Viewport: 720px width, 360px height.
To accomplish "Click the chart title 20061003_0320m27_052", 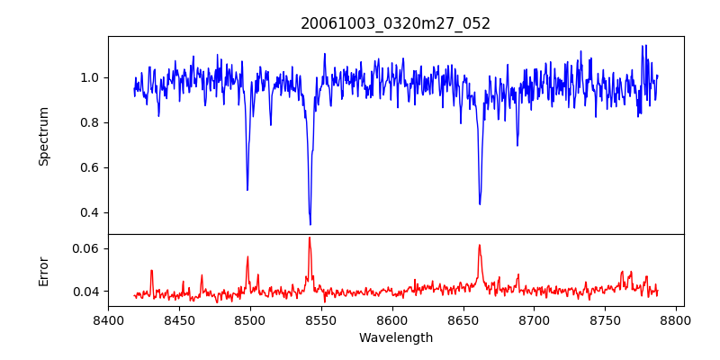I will [395, 23].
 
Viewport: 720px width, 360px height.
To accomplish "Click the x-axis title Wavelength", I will [395, 338].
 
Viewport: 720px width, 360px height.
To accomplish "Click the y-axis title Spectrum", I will [44, 136].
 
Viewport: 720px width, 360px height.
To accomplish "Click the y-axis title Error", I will [44, 271].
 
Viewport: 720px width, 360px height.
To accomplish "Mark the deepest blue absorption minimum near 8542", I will [310, 224].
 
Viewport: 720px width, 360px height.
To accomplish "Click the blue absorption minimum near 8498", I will [247, 190].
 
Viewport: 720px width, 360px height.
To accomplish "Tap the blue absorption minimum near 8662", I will [480, 204].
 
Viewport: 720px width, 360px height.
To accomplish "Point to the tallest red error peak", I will [310, 238].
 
